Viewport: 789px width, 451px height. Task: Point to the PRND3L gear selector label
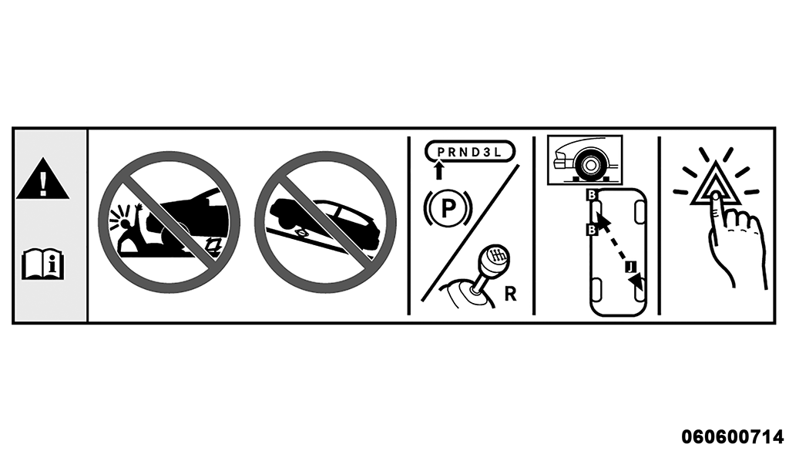[x=470, y=152]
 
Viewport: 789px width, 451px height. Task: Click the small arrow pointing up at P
[x=438, y=170]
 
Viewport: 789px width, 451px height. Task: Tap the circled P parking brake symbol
[x=448, y=207]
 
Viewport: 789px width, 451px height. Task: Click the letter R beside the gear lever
[x=510, y=294]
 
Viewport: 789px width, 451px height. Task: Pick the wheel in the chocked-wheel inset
[x=589, y=164]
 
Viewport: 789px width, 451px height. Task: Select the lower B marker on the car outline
[x=592, y=230]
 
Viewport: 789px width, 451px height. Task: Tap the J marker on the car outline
[x=632, y=266]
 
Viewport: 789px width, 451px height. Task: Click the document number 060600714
[x=732, y=436]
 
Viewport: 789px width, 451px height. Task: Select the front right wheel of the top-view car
[x=640, y=211]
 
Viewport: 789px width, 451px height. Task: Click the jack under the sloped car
[x=301, y=233]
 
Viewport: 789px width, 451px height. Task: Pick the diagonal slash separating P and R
[x=470, y=233]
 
